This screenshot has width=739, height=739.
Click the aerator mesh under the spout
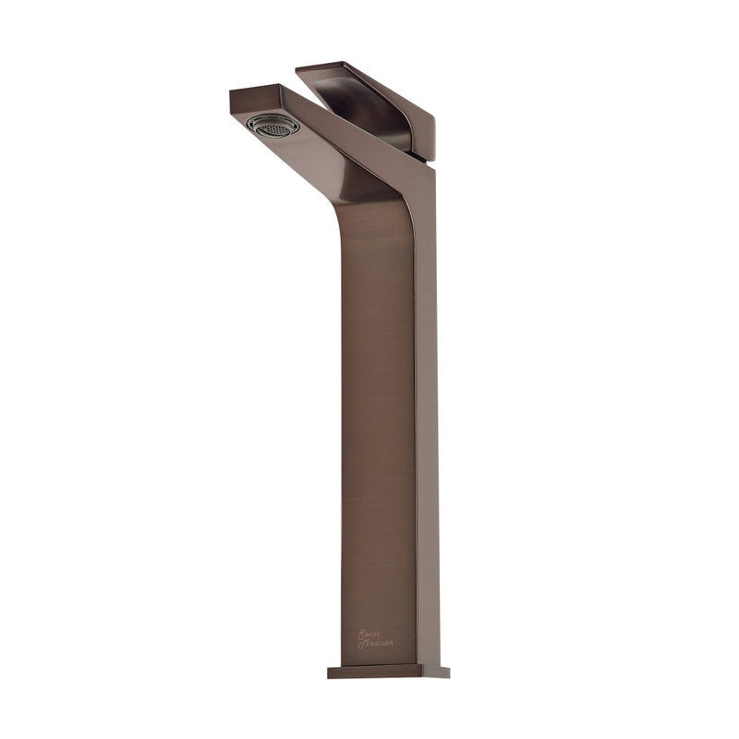pos(275,126)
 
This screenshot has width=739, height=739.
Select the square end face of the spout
pos(246,96)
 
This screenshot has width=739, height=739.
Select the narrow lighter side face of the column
pos(426,416)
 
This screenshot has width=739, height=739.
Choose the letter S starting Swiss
pos(360,634)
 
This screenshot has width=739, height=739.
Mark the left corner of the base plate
pos(330,672)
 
